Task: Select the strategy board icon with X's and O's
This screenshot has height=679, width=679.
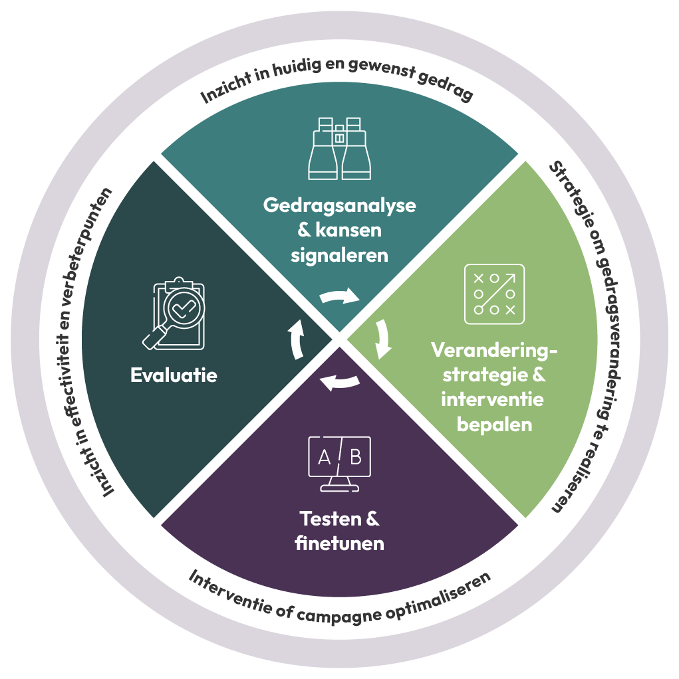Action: tap(494, 294)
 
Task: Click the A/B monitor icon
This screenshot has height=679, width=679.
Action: tap(339, 463)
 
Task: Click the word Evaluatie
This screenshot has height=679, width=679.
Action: tap(174, 375)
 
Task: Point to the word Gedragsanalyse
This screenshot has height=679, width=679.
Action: tap(339, 205)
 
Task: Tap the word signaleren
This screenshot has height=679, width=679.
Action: tap(339, 255)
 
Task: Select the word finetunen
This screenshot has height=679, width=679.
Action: tap(339, 543)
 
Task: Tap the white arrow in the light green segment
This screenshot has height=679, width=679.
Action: tap(383, 339)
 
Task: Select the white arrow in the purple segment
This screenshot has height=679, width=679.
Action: tap(340, 381)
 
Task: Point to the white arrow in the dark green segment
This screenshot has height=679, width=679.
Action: tap(296, 339)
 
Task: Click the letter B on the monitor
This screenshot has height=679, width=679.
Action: tap(356, 457)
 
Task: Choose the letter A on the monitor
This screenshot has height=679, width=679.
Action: tap(324, 457)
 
